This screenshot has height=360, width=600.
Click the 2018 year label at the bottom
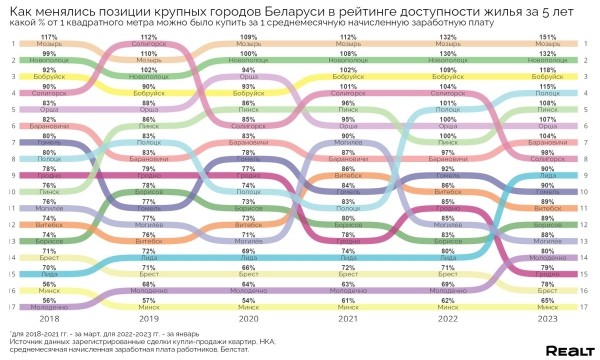pyautogui.click(x=47, y=317)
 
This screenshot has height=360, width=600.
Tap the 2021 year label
pyautogui.click(x=348, y=317)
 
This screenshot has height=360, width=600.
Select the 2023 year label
pyautogui.click(x=548, y=317)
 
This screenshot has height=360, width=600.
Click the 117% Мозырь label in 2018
pyautogui.click(x=47, y=41)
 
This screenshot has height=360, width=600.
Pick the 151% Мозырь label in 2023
pyautogui.click(x=548, y=41)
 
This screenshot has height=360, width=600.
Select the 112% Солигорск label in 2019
pyautogui.click(x=148, y=41)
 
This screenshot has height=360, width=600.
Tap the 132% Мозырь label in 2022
pyautogui.click(x=448, y=41)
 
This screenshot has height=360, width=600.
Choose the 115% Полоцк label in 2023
pyautogui.click(x=548, y=90)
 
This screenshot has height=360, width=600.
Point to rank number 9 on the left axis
pyautogui.click(x=13, y=174)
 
